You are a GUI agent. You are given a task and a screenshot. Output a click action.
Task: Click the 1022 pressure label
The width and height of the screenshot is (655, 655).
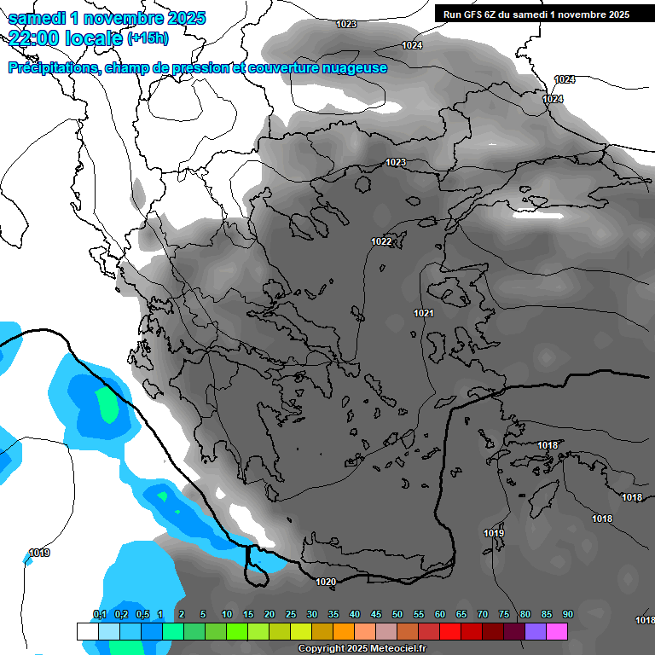[x=381, y=242]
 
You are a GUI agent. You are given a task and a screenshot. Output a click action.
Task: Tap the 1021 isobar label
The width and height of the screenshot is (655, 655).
[x=424, y=314]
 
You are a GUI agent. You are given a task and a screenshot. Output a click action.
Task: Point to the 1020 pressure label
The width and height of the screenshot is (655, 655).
[x=326, y=583]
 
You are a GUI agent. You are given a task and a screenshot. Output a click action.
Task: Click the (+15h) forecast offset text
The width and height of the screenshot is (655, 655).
[x=148, y=38]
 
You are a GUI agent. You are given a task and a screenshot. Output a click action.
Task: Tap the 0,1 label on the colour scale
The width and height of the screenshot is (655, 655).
[x=99, y=615]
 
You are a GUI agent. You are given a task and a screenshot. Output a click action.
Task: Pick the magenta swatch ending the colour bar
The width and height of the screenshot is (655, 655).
[x=557, y=631]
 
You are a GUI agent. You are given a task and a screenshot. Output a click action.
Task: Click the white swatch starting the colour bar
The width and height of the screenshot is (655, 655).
[x=87, y=631]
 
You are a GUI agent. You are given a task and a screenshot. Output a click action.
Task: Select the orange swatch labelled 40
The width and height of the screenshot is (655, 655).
[x=344, y=631]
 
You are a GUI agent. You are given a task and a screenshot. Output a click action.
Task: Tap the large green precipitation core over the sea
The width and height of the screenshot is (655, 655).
[x=107, y=404]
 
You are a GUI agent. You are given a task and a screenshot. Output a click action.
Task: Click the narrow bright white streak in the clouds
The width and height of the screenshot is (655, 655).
[x=537, y=214]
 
